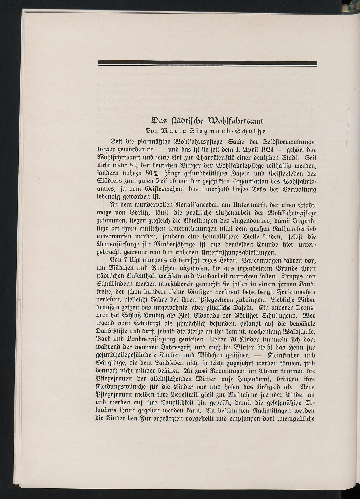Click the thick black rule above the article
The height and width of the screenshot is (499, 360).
pyautogui.click(x=207, y=63)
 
